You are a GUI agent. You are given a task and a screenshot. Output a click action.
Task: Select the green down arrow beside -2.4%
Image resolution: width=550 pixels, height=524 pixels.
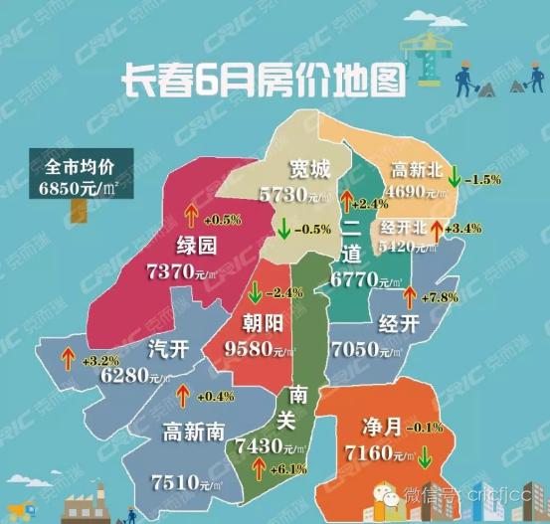coord(255,293)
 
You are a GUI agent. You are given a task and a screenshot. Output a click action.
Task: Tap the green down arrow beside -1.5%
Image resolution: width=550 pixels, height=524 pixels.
coord(453,178)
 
